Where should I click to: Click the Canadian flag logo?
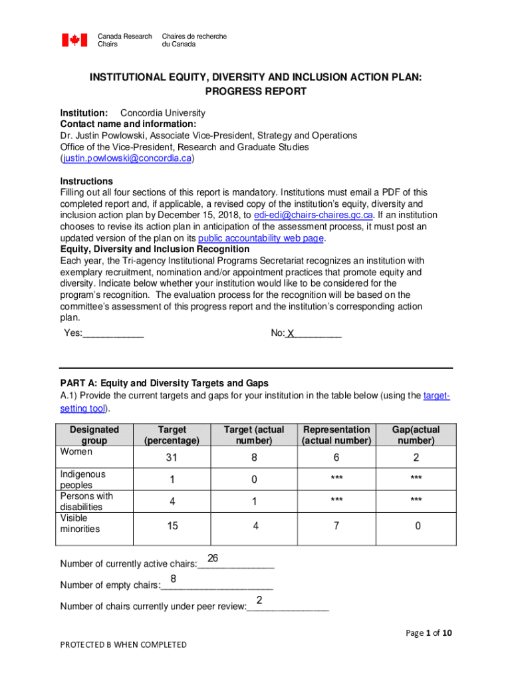coord(74,40)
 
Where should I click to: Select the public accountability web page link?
coord(274,237)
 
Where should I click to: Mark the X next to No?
coord(291,334)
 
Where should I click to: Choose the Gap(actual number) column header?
coord(416,435)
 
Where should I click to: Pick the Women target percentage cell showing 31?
coord(172,458)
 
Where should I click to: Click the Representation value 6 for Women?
coord(336,458)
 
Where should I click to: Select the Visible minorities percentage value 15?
coord(172,526)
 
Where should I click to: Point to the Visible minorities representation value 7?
coord(336,526)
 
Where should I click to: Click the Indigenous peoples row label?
coord(83,479)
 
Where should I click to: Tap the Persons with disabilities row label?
coord(86,501)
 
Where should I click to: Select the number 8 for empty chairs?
coord(173,579)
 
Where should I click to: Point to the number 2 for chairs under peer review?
coord(259,601)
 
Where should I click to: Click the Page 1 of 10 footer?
coord(429,633)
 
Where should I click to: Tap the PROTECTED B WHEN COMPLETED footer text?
coord(124,644)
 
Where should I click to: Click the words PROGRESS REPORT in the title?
coord(256,92)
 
